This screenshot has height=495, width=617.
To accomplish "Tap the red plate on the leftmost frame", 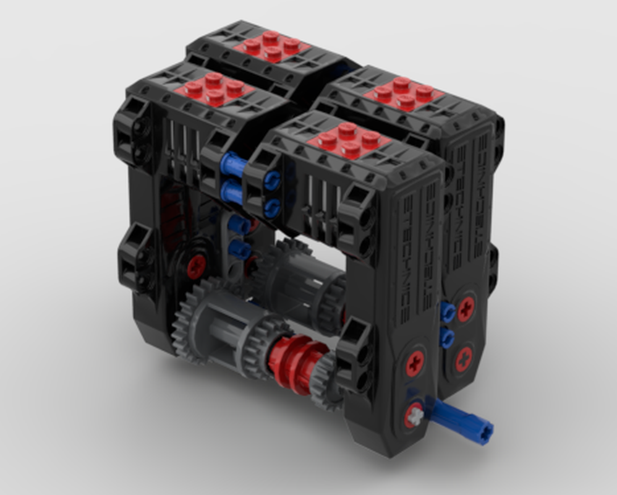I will [x=214, y=89].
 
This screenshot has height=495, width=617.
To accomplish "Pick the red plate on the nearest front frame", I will [x=349, y=140].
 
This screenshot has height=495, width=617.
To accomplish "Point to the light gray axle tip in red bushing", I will [x=415, y=416].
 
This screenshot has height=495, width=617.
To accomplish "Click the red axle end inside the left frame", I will [x=196, y=267].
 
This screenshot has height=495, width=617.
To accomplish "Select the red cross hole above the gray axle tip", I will [x=415, y=363].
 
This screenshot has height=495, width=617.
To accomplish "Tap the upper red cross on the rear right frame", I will [x=466, y=308].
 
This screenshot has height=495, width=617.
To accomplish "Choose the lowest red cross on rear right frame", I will [x=463, y=358].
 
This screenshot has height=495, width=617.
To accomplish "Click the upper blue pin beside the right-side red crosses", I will [x=447, y=312].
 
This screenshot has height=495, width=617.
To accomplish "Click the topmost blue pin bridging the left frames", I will [x=233, y=165].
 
